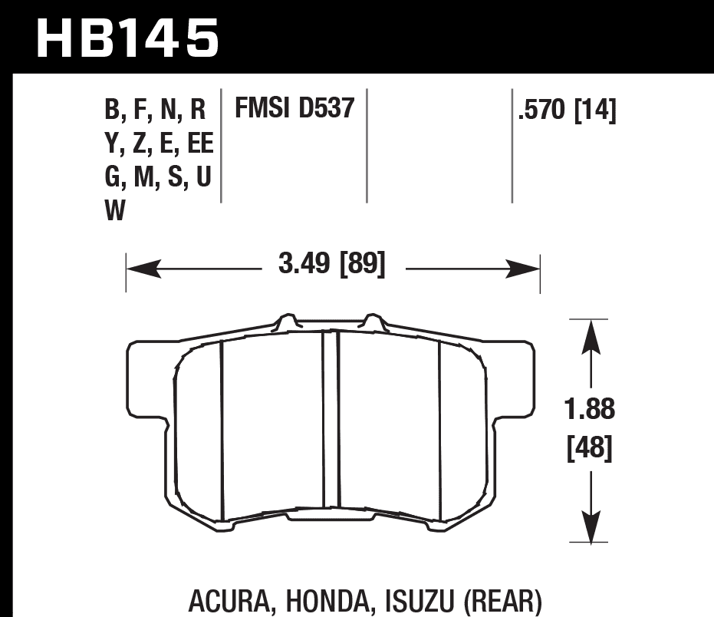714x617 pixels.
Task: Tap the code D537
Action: click(329, 108)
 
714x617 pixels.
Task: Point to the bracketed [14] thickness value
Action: click(596, 111)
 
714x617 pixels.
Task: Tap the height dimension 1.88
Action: click(590, 409)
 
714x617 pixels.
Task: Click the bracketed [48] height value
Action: click(589, 448)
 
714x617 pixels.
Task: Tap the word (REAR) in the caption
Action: click(502, 599)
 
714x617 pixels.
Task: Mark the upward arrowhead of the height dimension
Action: click(590, 335)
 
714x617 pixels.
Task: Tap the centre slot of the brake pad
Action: click(330, 422)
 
